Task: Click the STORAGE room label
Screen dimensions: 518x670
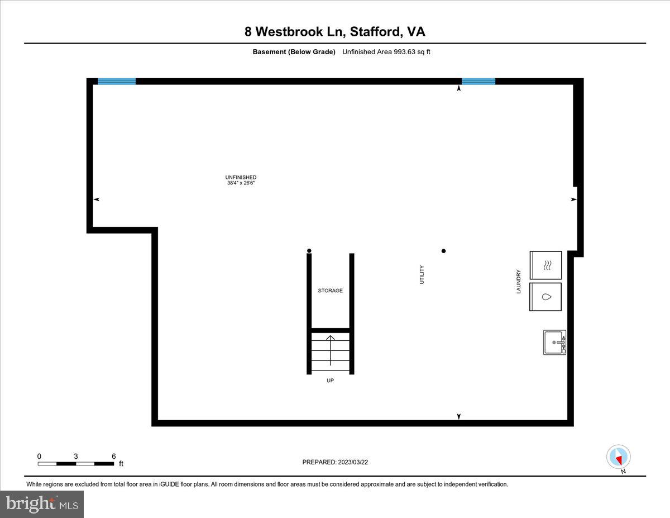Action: pos(331,291)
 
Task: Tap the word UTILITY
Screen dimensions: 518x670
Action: pos(422,274)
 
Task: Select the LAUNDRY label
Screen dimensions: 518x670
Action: pos(519,282)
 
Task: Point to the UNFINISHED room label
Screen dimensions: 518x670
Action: pos(241,177)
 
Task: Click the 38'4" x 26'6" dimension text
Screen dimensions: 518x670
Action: pos(241,183)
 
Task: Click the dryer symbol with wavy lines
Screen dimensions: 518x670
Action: pos(545,265)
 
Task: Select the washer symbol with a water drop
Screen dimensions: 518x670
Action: pos(545,297)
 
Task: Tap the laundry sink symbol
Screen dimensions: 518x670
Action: pos(554,342)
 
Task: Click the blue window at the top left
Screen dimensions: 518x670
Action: pos(117,81)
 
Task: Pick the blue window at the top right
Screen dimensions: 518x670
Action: pos(478,81)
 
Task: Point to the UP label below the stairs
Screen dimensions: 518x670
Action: pos(331,381)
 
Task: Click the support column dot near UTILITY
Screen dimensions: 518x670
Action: pos(444,251)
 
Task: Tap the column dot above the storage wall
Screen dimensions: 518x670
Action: pos(309,250)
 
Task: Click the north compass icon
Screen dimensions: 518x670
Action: pos(618,457)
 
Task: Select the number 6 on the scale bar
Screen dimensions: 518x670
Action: pos(113,456)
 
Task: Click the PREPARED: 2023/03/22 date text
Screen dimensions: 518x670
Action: pos(336,462)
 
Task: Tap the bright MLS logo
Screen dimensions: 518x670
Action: pos(42,504)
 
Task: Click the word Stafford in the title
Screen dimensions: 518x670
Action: pos(375,32)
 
